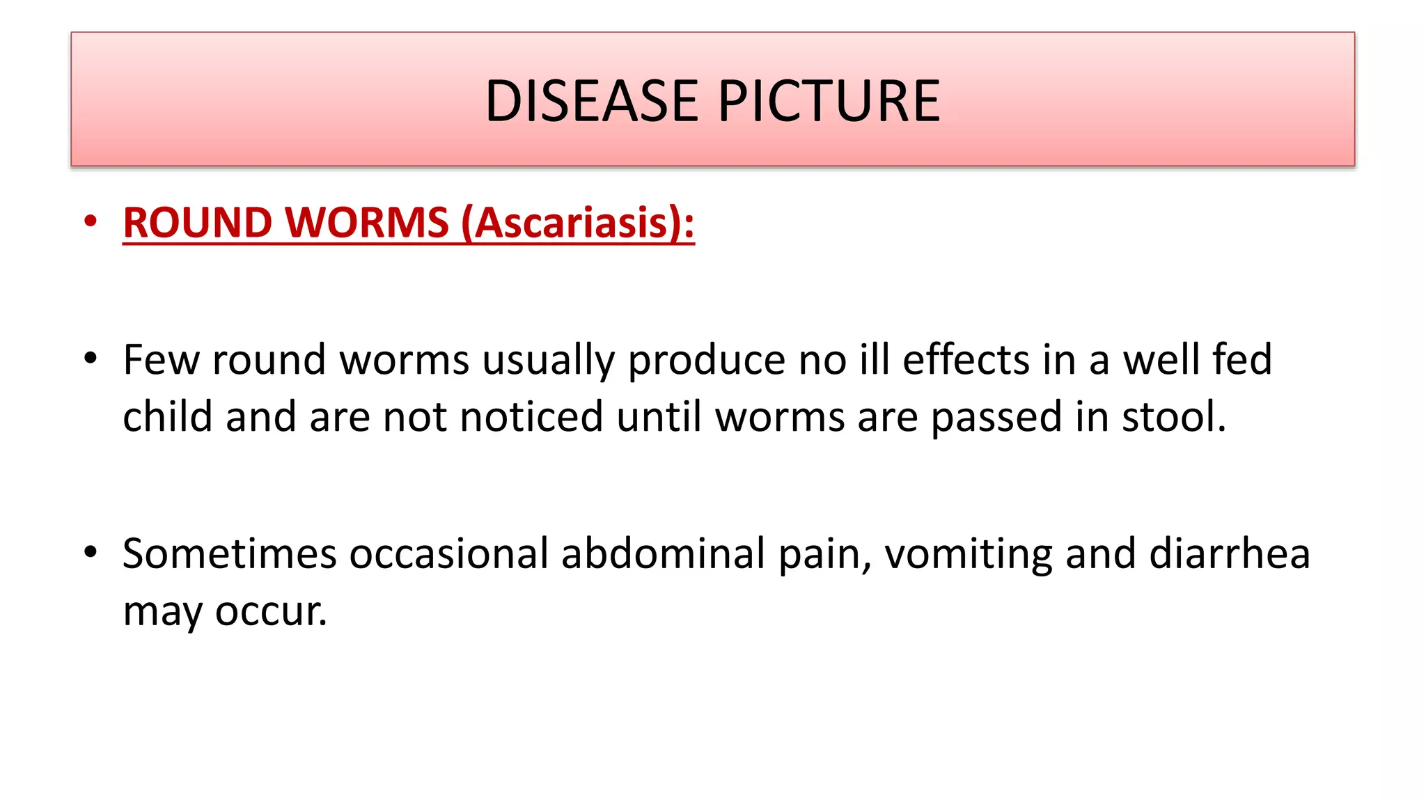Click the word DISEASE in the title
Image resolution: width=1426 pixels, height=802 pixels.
(591, 101)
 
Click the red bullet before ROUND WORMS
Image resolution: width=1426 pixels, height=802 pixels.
(90, 221)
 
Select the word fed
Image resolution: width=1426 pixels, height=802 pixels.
(1242, 360)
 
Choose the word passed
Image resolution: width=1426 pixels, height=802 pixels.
(996, 418)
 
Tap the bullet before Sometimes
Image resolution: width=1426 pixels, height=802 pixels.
(90, 552)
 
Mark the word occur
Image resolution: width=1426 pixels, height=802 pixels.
(271, 612)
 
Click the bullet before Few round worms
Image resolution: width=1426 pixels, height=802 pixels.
(90, 359)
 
